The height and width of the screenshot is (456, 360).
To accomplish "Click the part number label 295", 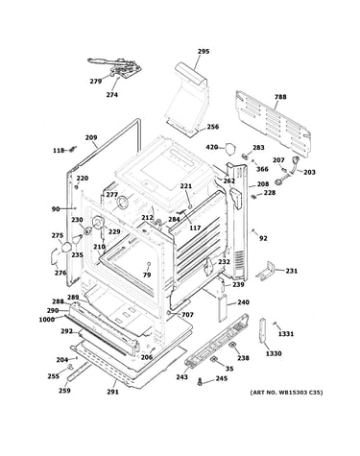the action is click(204, 51).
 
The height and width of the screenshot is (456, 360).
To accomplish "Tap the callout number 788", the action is click(280, 97).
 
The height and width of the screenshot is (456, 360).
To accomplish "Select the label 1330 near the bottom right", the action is click(274, 353).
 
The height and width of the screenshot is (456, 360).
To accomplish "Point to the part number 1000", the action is click(47, 320).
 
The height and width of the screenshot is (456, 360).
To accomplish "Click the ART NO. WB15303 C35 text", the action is click(286, 393).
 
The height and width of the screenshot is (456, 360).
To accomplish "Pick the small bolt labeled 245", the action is click(201, 381).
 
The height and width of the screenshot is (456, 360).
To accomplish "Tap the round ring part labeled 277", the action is click(122, 203).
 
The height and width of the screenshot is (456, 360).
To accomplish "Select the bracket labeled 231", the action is click(265, 271).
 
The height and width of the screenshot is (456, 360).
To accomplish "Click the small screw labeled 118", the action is click(73, 149).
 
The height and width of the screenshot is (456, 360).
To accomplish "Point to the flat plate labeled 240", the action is click(223, 308).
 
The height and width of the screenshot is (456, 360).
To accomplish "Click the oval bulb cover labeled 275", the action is click(66, 247).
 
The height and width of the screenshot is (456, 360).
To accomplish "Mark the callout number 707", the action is click(187, 315).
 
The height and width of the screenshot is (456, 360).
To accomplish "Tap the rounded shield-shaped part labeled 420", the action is click(229, 148).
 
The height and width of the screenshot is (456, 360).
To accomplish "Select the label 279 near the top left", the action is click(96, 82).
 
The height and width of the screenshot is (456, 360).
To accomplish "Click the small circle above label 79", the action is click(148, 264).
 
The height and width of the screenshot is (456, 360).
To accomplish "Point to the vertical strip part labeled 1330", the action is click(262, 330).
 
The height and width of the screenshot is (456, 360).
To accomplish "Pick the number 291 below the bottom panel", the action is click(112, 392).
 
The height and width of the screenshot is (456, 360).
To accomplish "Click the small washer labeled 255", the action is click(70, 367).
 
